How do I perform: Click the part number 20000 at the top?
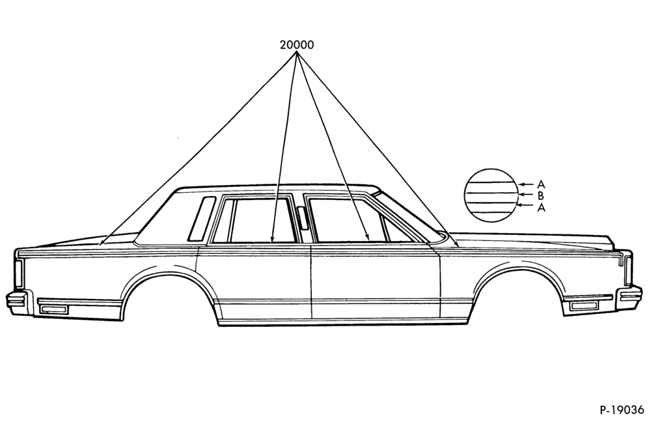click(x=296, y=44)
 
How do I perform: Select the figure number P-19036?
click(x=622, y=410)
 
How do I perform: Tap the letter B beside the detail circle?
click(x=540, y=195)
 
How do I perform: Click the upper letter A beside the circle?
click(x=540, y=184)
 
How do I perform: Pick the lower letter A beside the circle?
click(x=541, y=207)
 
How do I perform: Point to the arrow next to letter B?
click(x=525, y=194)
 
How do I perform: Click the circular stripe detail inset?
click(x=491, y=195)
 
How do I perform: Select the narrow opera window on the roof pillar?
click(x=201, y=219)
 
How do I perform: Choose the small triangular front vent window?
click(x=395, y=230)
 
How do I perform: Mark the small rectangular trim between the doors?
click(x=302, y=218)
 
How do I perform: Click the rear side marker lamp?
click(x=53, y=309)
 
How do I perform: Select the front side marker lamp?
click(x=584, y=306)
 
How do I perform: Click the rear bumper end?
click(x=17, y=303)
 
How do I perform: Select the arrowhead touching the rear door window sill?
click(x=271, y=239)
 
